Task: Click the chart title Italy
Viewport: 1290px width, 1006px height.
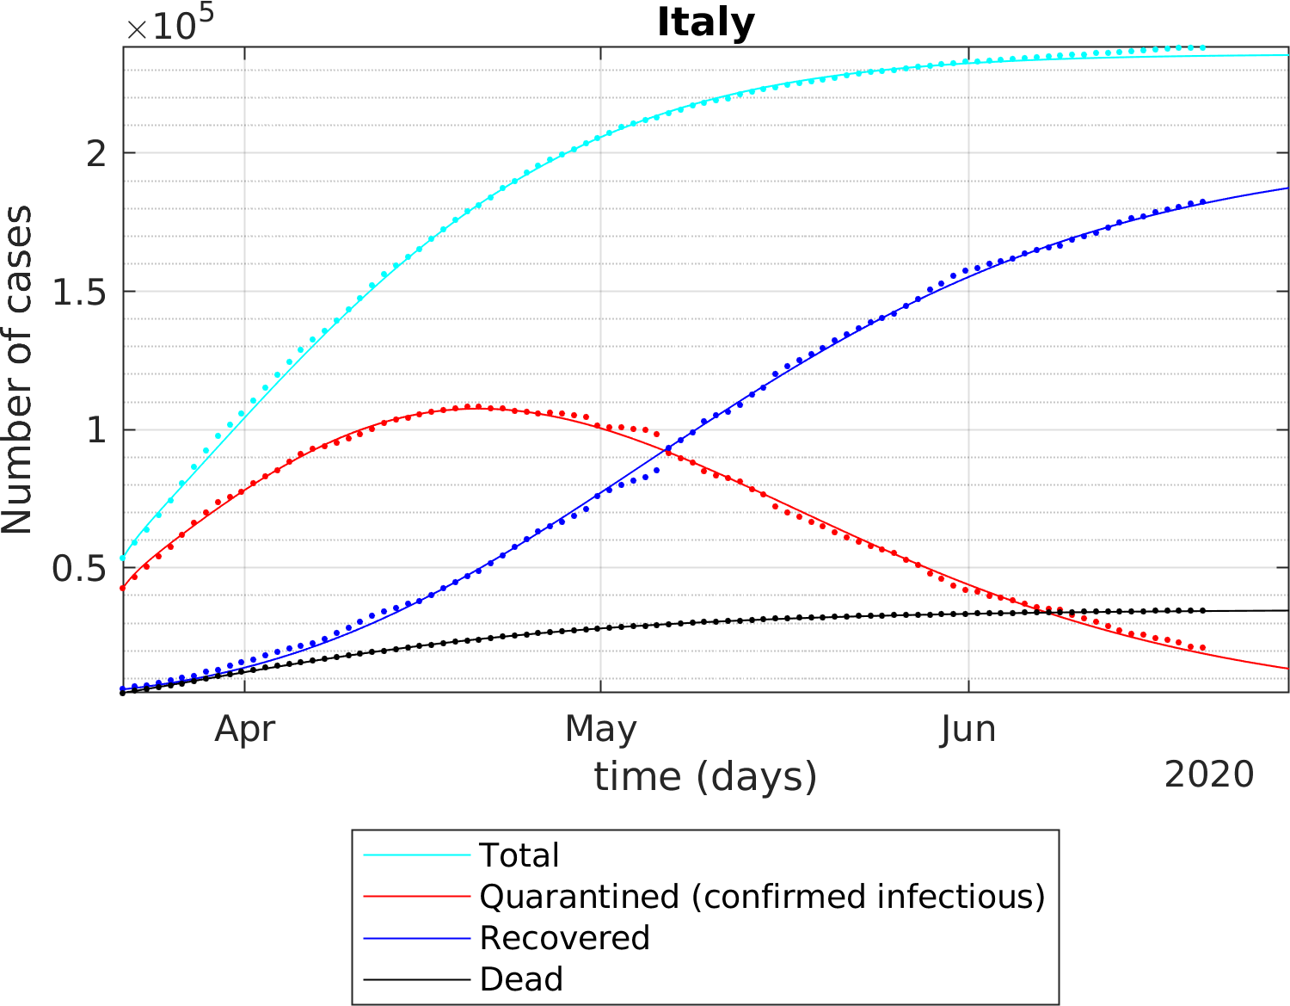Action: (705, 22)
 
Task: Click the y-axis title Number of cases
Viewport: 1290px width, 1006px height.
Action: (17, 370)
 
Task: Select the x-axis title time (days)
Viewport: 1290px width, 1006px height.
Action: (705, 776)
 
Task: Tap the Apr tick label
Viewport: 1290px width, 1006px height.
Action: (245, 729)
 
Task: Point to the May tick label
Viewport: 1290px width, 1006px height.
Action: (600, 729)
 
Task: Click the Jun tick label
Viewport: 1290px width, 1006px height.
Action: (968, 729)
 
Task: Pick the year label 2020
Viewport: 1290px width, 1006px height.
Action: (1208, 775)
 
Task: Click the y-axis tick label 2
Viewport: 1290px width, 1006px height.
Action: (96, 154)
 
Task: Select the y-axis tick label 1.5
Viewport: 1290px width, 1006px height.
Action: (79, 293)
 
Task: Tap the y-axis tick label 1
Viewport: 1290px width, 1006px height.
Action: (96, 430)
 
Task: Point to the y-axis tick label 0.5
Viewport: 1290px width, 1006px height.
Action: (79, 569)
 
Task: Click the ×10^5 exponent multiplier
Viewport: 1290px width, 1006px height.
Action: (169, 24)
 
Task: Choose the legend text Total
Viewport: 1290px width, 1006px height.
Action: (519, 855)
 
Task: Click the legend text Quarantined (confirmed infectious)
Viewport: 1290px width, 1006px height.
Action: (762, 897)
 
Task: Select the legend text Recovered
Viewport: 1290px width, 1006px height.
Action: (564, 938)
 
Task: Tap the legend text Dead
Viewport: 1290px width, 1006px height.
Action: (521, 979)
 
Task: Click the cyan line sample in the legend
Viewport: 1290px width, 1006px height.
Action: (416, 855)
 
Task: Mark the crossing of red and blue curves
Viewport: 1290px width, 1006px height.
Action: (666, 449)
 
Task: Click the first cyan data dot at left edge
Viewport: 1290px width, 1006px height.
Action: (123, 559)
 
